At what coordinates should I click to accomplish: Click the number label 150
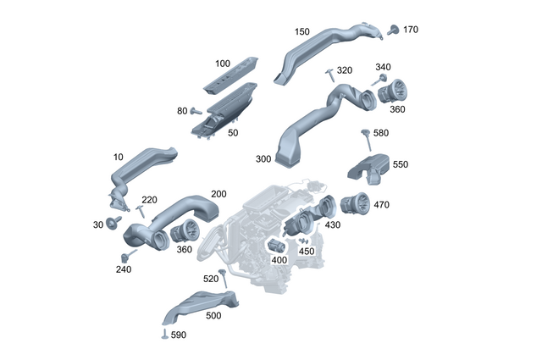(x=301, y=32)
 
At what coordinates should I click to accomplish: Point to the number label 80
(x=182, y=111)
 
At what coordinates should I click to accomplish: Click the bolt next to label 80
(x=196, y=111)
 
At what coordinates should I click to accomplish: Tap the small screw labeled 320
(x=329, y=76)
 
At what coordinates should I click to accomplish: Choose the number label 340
(x=383, y=68)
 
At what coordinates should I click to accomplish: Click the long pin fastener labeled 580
(x=366, y=138)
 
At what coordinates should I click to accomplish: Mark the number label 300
(x=263, y=158)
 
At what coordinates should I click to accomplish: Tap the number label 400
(x=279, y=259)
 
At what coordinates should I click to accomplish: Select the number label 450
(x=307, y=251)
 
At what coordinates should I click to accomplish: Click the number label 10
(x=118, y=158)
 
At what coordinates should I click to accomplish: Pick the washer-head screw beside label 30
(x=110, y=223)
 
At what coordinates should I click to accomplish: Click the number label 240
(x=124, y=269)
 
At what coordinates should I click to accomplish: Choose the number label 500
(x=213, y=315)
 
